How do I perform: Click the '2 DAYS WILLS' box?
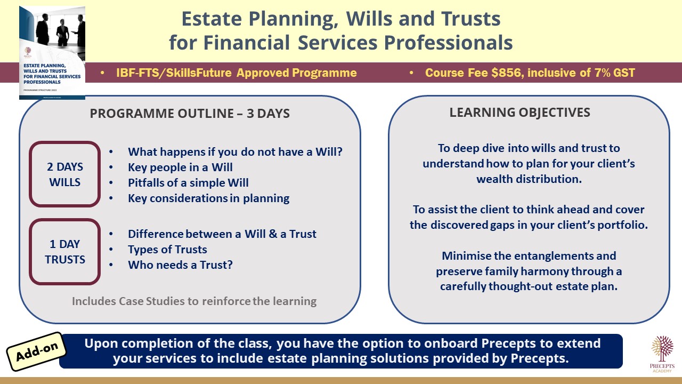[65, 174]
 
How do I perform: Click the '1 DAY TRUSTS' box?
[65, 252]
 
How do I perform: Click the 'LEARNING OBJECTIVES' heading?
[519, 113]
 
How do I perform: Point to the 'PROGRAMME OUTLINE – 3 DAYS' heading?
[190, 114]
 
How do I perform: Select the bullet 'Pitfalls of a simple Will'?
[188, 183]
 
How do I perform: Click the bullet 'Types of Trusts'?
[167, 249]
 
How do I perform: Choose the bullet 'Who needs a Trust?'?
[180, 265]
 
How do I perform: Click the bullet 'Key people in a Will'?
[180, 167]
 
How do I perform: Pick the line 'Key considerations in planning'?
[208, 198]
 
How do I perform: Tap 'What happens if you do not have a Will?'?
[235, 152]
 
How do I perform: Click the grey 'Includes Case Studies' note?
[194, 301]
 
